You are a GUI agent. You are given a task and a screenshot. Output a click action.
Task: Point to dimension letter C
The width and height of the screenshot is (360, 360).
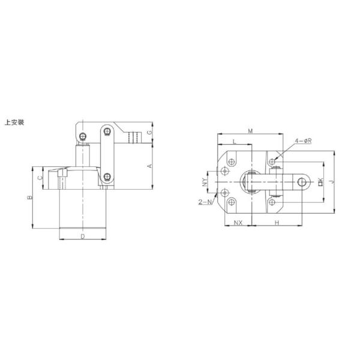click(x=40, y=178)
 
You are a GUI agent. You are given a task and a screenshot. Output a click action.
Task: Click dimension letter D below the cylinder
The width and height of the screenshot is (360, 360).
click(x=84, y=237)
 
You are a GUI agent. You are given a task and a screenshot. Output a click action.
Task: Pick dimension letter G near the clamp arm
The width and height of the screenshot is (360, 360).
click(x=150, y=133)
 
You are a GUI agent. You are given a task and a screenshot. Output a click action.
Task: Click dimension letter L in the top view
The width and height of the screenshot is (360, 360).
click(x=233, y=142)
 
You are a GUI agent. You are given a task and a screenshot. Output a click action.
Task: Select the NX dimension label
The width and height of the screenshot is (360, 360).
click(x=238, y=223)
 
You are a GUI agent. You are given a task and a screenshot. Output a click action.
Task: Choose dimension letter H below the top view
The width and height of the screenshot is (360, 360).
click(x=276, y=223)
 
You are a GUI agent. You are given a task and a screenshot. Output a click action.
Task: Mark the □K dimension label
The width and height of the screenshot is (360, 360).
click(x=321, y=181)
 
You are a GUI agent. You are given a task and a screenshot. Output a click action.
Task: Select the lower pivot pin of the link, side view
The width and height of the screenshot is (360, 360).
click(x=107, y=176)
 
